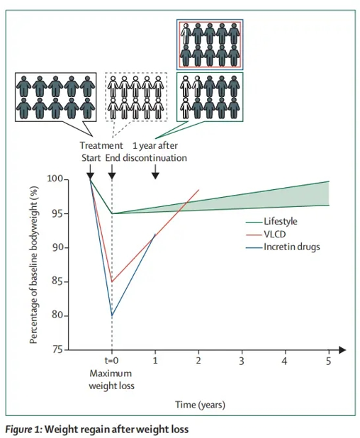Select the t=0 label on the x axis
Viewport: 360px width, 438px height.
111,361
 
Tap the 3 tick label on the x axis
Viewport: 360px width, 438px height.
242,361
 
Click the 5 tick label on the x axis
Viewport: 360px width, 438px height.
328,361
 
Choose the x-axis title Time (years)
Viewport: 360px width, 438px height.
200,405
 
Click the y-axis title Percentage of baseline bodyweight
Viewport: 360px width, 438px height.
34,264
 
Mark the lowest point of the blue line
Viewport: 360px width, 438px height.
112,315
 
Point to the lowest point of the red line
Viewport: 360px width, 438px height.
112,281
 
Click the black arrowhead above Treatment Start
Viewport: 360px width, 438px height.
90,176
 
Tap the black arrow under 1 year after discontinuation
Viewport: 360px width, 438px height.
155,172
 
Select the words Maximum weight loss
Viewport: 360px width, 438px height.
111,380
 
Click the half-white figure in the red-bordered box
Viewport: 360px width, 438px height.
186,33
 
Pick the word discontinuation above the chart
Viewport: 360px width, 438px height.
154,158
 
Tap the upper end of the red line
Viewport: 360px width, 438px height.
199,190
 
